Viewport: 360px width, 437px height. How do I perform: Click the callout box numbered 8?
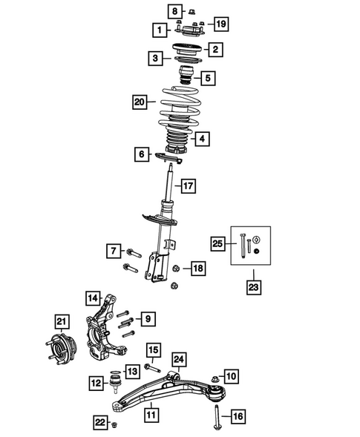172,11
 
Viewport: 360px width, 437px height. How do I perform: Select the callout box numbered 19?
220,24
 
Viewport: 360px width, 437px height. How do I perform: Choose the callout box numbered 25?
218,243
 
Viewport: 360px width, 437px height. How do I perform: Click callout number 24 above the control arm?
179,361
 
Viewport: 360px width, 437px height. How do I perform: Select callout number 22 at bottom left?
99,422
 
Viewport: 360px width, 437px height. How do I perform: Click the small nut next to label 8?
190,12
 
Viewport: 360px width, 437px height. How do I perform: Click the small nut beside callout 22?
115,424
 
